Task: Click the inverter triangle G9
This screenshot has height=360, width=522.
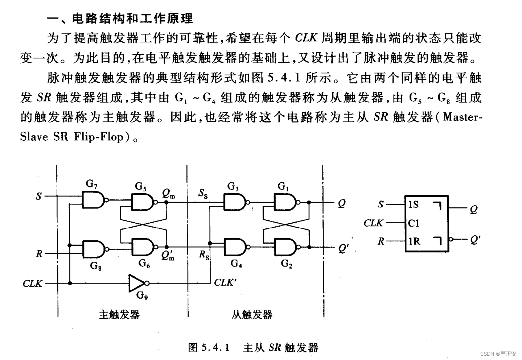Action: click(x=137, y=283)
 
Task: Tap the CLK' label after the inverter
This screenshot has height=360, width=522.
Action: click(x=225, y=282)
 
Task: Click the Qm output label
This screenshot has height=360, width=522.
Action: click(x=168, y=194)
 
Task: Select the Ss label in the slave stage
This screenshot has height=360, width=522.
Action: click(x=203, y=194)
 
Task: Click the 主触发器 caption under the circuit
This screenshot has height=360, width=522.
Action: click(x=119, y=314)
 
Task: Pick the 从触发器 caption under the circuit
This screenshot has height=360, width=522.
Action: click(x=252, y=314)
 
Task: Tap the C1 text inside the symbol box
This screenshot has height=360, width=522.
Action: click(x=414, y=223)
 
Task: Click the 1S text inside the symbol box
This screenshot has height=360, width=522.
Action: click(x=414, y=205)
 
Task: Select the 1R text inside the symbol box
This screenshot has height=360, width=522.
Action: click(x=414, y=241)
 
